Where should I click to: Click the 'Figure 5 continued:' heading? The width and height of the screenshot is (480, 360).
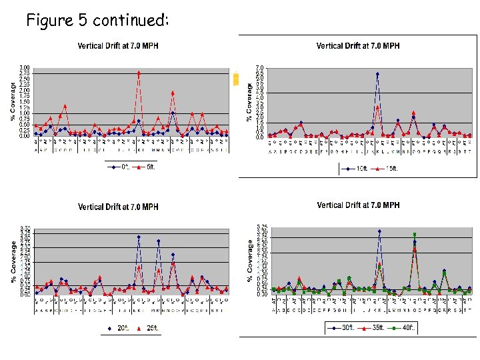(97, 20)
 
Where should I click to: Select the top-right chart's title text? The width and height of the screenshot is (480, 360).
(357, 45)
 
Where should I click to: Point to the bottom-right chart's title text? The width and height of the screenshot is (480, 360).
(358, 205)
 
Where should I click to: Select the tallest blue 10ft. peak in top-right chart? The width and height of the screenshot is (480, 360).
(377, 74)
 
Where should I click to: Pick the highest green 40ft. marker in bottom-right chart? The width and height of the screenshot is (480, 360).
(414, 235)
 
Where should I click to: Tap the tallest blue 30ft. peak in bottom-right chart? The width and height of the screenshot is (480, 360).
(379, 231)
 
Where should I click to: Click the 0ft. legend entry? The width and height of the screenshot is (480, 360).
(121, 167)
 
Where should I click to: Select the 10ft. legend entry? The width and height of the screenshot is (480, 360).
(359, 169)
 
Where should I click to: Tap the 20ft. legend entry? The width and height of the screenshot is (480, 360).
(121, 329)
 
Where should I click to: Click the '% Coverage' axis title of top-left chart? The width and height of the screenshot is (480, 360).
(13, 101)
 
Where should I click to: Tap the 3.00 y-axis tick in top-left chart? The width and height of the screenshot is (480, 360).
(24, 68)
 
